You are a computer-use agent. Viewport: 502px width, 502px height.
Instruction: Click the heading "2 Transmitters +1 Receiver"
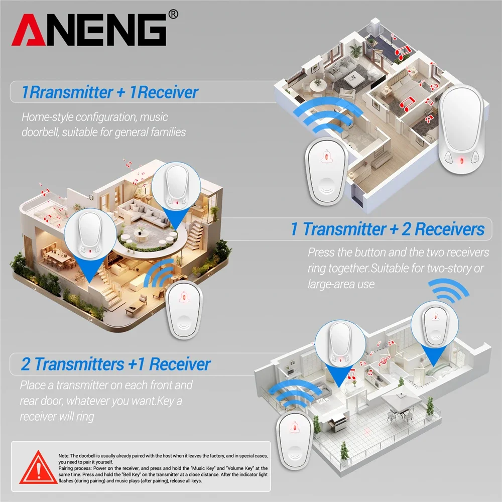tap(115, 364)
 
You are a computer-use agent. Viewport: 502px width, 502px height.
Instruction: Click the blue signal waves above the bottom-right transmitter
tap(450, 291)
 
